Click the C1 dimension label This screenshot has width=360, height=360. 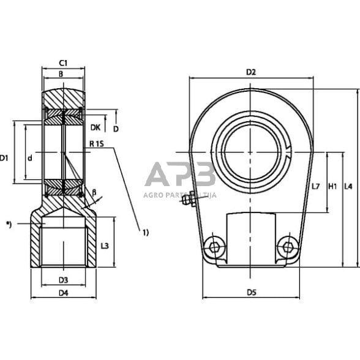click(x=62, y=62)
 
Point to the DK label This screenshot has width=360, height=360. click(x=95, y=127)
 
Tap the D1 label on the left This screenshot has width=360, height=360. click(x=4, y=158)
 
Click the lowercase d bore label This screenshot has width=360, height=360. click(x=30, y=158)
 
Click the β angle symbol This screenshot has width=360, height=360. click(x=94, y=192)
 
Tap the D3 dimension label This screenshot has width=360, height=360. click(x=63, y=280)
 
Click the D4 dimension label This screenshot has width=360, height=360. click(x=63, y=293)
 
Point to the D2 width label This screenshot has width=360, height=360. click(x=250, y=72)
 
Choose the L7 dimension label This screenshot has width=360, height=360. click(x=316, y=186)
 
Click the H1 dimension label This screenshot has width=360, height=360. click(x=333, y=186)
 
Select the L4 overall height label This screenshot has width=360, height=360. click(x=349, y=186)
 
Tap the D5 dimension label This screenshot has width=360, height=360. click(x=251, y=293)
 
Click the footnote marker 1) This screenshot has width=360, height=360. click(x=146, y=232)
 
